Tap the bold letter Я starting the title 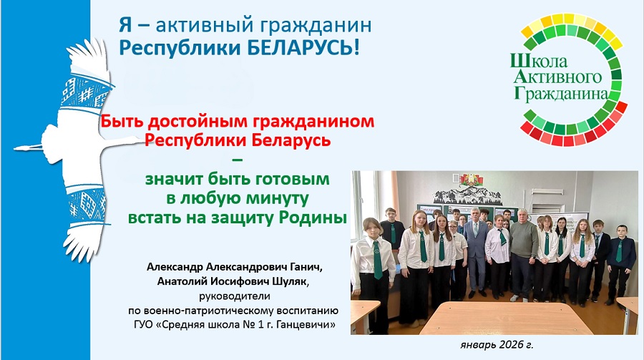pos(126,25)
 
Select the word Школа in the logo pos(539,62)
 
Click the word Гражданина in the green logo pos(560,93)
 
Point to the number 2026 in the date pos(510,344)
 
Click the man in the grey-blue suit pos(476,251)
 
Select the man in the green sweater pos(523,255)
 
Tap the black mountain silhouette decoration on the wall pos(467,195)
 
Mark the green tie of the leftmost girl pos(377,260)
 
